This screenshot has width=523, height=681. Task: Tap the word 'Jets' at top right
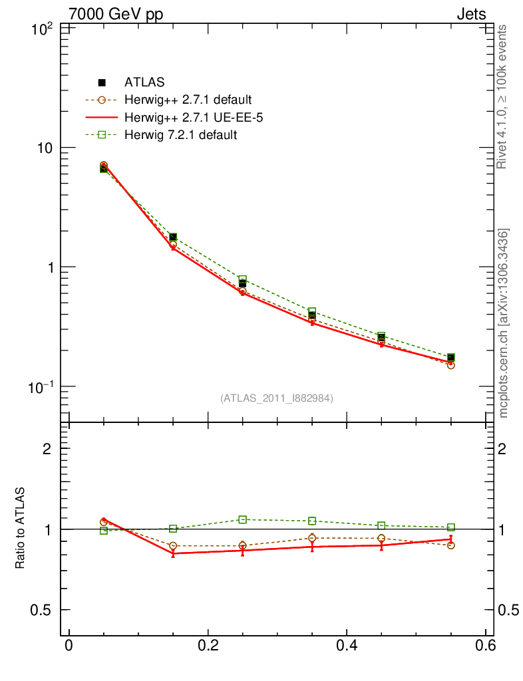point(470,15)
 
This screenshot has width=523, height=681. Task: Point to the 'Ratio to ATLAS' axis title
point(21,528)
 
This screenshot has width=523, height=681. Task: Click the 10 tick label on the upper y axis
point(45,148)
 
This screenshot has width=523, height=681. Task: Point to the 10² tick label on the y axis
point(43,29)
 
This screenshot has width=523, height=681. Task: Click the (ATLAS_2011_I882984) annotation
point(277,398)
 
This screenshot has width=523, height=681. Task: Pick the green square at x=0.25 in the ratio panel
point(243,519)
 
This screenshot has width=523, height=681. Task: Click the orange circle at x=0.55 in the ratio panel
point(451,545)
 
